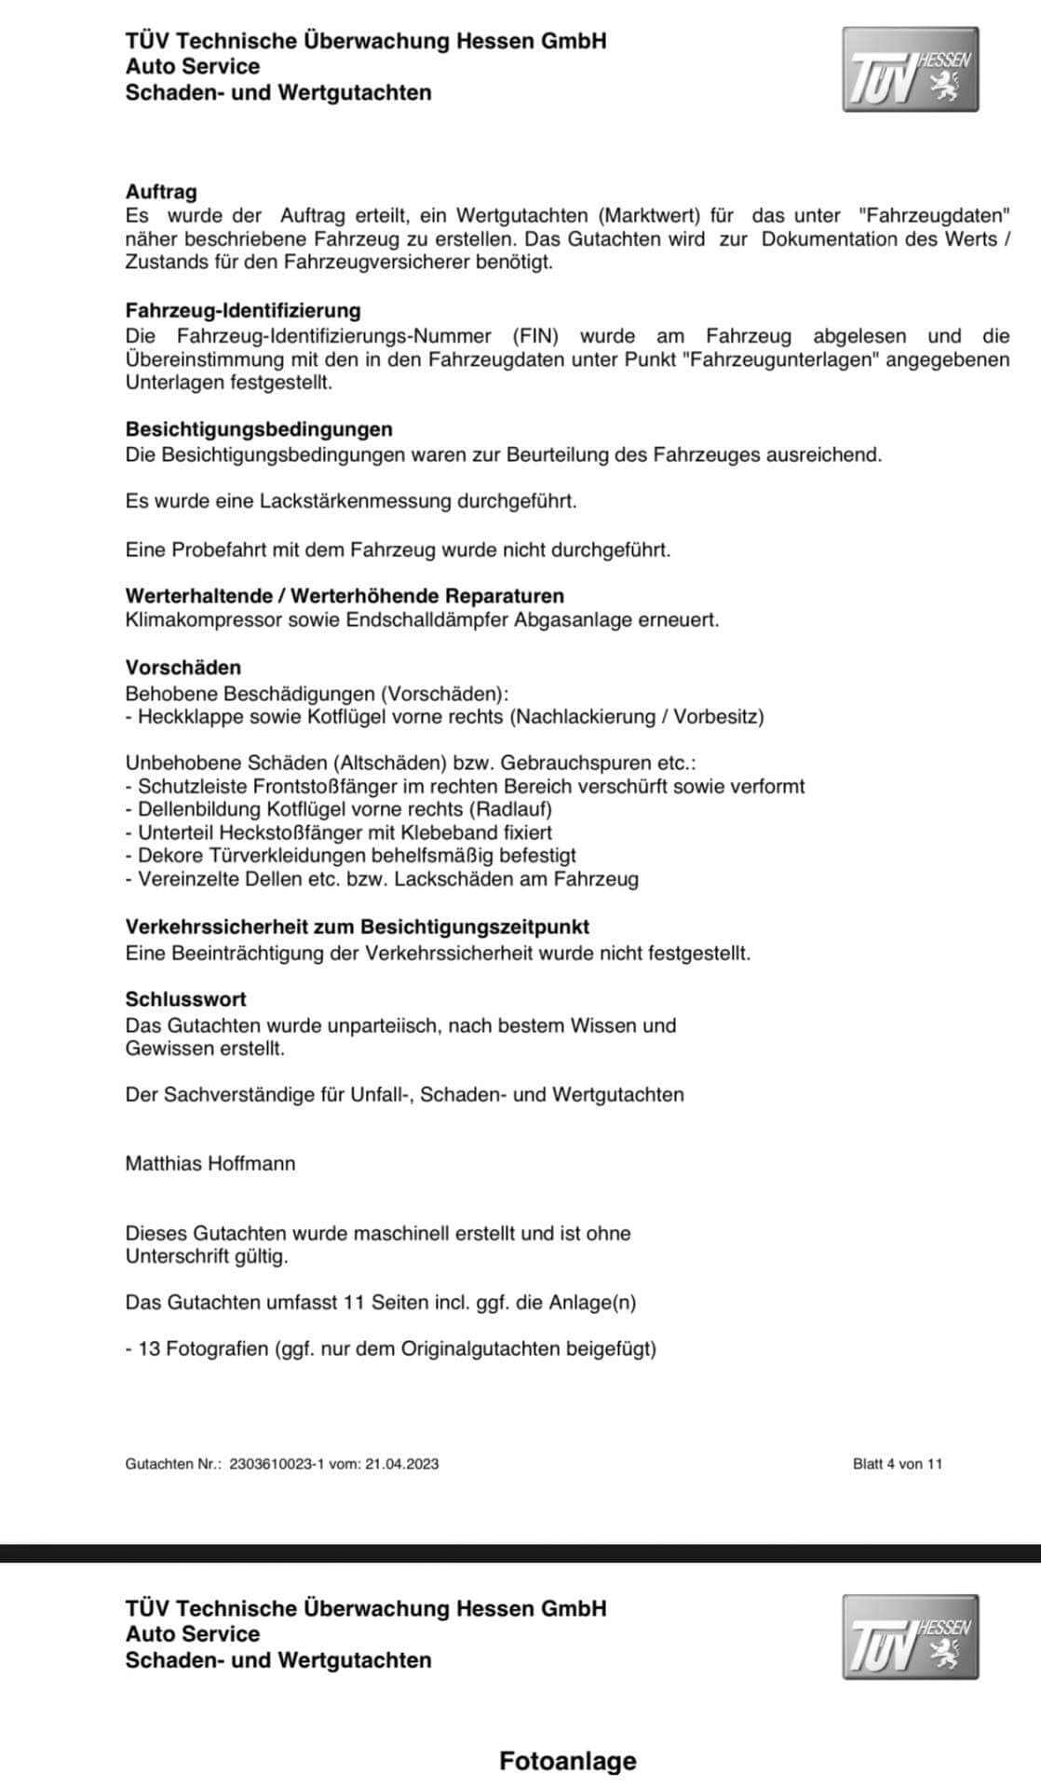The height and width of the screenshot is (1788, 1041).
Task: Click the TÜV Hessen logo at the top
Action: click(x=910, y=70)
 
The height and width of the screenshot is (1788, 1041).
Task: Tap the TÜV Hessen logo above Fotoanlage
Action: click(x=910, y=1636)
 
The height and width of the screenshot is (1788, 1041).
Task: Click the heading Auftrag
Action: click(x=161, y=192)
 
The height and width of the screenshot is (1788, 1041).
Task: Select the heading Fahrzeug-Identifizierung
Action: click(x=243, y=310)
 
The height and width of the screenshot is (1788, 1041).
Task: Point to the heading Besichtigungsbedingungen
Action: click(x=259, y=429)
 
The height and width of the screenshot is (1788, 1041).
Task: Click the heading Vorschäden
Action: click(x=183, y=668)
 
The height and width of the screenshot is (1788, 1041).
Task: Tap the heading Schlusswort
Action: click(x=186, y=999)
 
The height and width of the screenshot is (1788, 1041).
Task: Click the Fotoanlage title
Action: click(x=568, y=1761)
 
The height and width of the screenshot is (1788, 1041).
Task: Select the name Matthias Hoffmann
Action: click(x=210, y=1163)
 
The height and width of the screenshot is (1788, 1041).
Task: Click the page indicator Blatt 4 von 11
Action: click(x=898, y=1464)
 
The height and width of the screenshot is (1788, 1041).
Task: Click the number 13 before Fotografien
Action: click(x=149, y=1348)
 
